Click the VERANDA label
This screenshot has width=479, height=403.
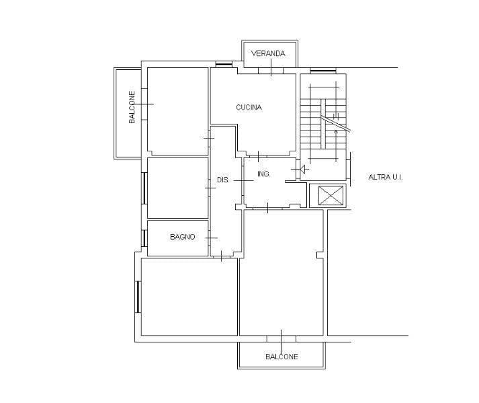pos(268,53)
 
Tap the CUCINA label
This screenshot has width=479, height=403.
pos(249,108)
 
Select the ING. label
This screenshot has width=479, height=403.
pos(263,174)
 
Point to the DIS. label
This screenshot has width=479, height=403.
pos(223,180)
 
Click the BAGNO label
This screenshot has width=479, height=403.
pos(182,237)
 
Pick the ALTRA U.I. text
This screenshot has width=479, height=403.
pos(386,177)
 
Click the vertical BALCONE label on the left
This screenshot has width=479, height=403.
pos(132,107)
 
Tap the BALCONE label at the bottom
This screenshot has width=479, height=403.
pos(281,357)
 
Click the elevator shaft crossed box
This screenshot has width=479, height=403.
pos(331,195)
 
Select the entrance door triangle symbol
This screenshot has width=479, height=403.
pos(304,170)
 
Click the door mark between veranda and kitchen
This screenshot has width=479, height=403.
pos(271,68)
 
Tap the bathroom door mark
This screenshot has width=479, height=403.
pos(212,237)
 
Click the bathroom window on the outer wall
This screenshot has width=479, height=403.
pos(144,238)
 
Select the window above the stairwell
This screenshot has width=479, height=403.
pos(323,71)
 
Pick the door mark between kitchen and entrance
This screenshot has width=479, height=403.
pos(259,156)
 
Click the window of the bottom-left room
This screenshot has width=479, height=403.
pos(138,297)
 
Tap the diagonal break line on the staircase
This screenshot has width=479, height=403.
pos(335,124)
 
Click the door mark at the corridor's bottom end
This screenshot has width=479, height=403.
pos(222,256)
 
